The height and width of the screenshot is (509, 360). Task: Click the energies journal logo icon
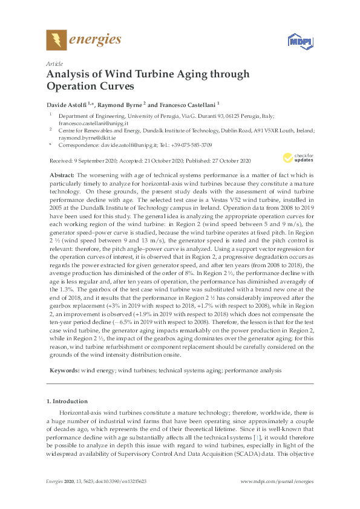pos(56,41)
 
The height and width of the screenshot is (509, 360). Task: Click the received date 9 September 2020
pos(89,161)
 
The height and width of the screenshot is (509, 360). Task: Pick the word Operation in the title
pos(72,86)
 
